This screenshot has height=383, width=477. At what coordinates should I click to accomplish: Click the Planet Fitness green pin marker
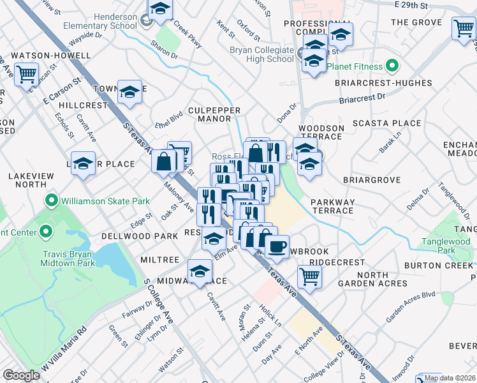(x=393, y=66)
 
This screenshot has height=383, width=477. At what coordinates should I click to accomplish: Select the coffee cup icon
(x=277, y=247)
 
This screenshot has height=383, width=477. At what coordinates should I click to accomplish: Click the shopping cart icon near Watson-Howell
(x=26, y=75)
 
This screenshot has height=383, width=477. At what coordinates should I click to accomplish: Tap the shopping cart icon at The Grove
(x=463, y=28)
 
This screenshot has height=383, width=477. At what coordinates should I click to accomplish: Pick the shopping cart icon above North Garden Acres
(x=309, y=276)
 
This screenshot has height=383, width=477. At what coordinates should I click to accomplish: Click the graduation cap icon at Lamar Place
(x=83, y=163)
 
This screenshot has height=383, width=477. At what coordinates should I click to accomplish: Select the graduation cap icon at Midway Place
(x=200, y=271)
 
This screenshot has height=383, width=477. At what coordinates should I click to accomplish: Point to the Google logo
(x=21, y=375)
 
